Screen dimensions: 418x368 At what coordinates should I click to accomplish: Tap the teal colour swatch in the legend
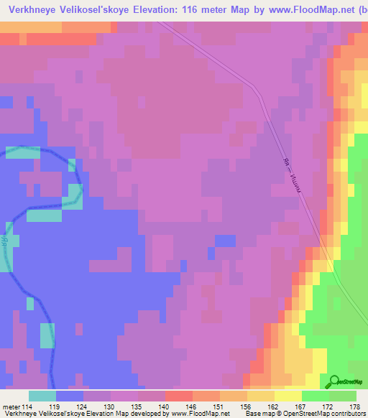pos(42,395)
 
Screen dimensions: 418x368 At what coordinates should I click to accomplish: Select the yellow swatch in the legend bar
pos(288,395)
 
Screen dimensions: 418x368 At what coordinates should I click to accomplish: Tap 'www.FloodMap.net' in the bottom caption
pos(205,414)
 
